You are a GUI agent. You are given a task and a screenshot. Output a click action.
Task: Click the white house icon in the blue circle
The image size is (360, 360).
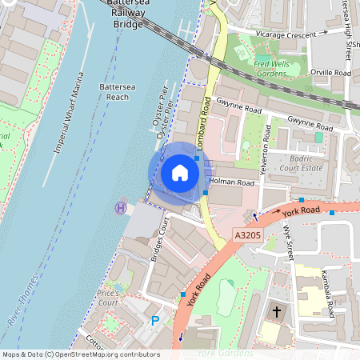pyautogui.click(x=180, y=173)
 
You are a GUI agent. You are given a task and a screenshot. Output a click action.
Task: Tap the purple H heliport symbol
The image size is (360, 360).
pyautogui.click(x=121, y=207)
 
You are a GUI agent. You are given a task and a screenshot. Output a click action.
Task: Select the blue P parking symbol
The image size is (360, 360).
pyautogui.click(x=155, y=321)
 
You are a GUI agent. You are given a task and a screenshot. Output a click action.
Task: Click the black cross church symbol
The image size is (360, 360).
pyautogui.click(x=278, y=310)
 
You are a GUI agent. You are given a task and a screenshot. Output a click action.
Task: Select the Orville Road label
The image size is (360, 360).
pyautogui.click(x=331, y=73)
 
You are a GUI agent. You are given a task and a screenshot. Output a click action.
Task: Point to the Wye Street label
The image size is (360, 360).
pyautogui.click(x=288, y=240)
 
